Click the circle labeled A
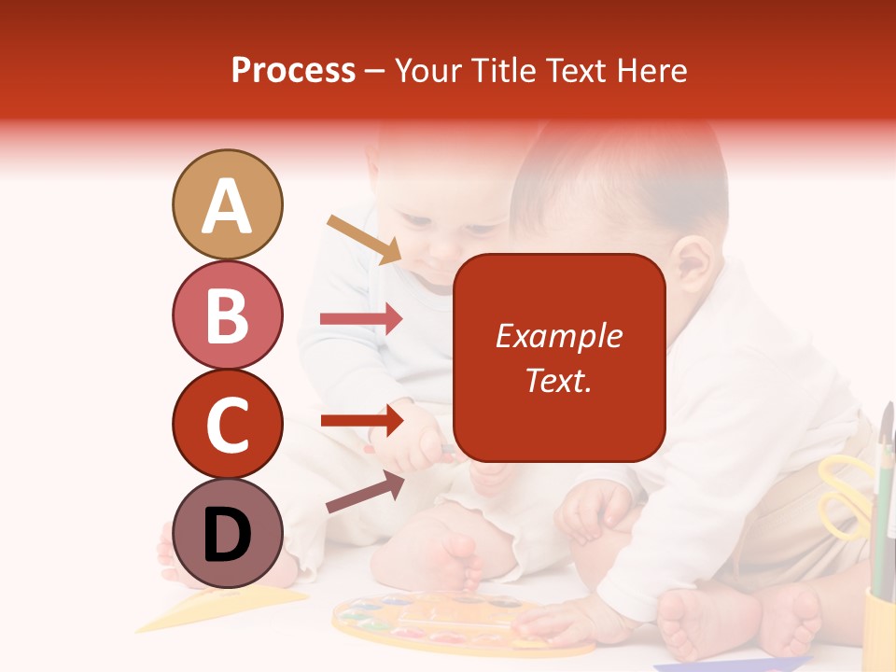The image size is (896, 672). pyautogui.click(x=227, y=204)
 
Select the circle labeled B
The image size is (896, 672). pyautogui.click(x=227, y=315)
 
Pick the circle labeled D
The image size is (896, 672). pyautogui.click(x=227, y=533)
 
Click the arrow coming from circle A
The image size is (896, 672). pyautogui.click(x=364, y=239)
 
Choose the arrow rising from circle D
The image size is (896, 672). pyautogui.click(x=365, y=492)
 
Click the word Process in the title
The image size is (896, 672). pyautogui.click(x=293, y=71)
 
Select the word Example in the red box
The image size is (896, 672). pyautogui.click(x=559, y=336)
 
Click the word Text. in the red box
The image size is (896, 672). pyautogui.click(x=559, y=381)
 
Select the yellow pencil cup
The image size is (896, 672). pyautogui.click(x=878, y=630)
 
